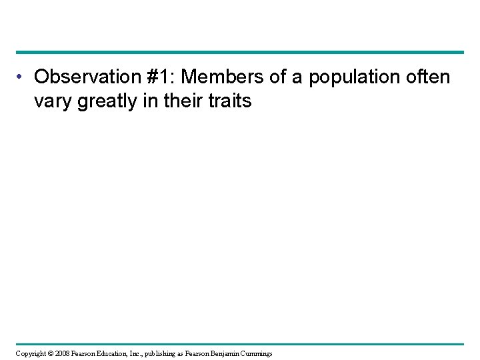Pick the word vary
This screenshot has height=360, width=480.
point(52,103)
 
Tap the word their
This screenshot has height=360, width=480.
point(187,102)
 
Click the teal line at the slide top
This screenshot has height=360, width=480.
point(240,52)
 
